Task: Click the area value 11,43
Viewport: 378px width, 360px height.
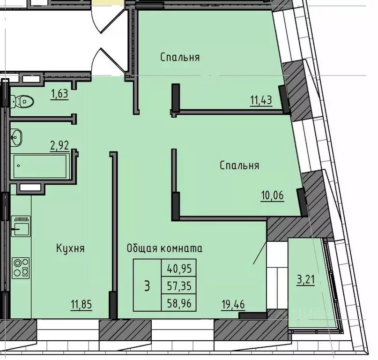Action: (261, 100)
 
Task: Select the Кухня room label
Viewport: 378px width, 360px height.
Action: (70, 248)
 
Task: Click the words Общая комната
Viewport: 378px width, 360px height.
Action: (164, 248)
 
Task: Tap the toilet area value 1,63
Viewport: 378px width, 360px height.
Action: (59, 93)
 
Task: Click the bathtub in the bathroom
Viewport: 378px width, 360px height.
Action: (41, 165)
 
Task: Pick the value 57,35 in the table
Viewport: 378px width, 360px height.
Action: (179, 285)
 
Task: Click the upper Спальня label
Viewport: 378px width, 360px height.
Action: (180, 58)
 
